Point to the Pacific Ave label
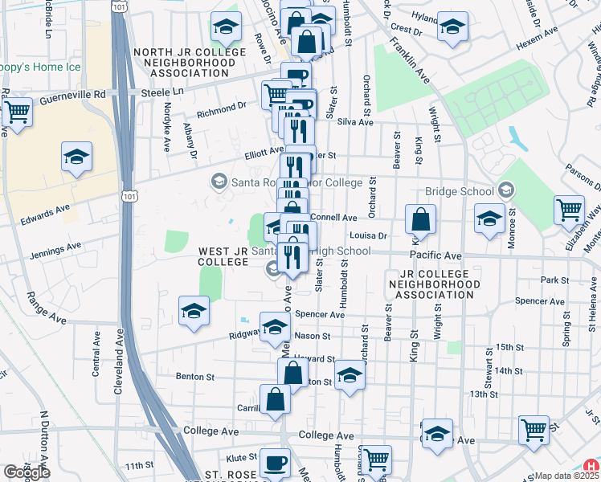[x=435, y=255]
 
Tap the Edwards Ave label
[x=45, y=214]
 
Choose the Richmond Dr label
[x=221, y=107]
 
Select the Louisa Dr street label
[x=370, y=236]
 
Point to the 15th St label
[x=509, y=346]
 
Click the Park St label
[x=554, y=280]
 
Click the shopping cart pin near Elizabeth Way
[x=570, y=210]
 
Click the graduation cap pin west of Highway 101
[x=76, y=157]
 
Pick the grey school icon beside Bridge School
[x=505, y=190]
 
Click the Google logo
[x=27, y=472]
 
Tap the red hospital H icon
[x=591, y=465]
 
